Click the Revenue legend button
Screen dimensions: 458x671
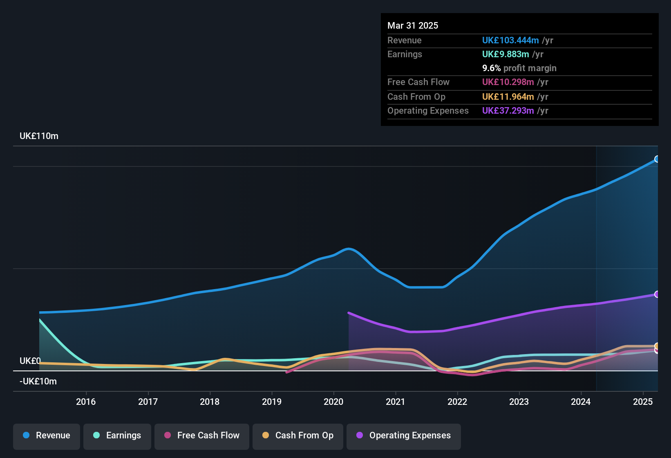[47, 436]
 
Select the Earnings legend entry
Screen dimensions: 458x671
[117, 436]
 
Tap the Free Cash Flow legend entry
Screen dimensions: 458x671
[202, 436]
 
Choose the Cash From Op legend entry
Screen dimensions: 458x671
[298, 436]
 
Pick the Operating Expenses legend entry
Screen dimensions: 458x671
[404, 436]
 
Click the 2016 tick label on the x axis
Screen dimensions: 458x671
[86, 402]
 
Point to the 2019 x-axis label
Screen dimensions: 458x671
[272, 402]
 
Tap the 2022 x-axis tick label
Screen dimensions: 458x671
[457, 402]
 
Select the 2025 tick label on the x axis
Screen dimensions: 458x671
[643, 402]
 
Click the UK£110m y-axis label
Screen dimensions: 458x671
[39, 136]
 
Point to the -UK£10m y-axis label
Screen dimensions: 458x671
[38, 382]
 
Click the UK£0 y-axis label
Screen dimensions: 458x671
[30, 361]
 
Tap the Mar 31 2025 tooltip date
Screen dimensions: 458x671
[413, 26]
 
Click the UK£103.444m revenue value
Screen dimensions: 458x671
[510, 40]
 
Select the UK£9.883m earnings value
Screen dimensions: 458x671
[505, 54]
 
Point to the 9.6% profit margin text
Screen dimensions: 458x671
[519, 68]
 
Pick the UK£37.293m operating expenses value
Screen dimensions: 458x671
[508, 111]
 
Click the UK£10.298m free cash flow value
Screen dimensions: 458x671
[508, 82]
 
